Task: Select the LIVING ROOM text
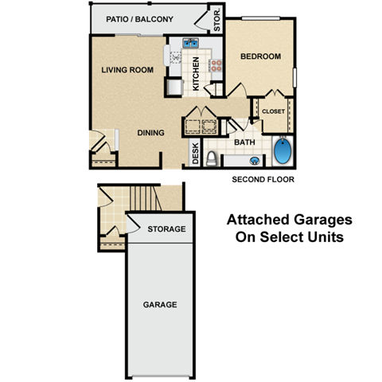point(127,70)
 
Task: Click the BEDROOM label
point(260,57)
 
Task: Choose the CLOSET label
point(273,112)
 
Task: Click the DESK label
point(196,153)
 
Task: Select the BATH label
point(244,142)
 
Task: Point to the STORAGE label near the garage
point(166,229)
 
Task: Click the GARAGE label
point(159,305)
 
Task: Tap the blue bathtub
point(283,151)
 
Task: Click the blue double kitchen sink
point(191,44)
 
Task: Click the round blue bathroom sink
point(254,161)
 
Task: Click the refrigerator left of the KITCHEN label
point(175,86)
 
